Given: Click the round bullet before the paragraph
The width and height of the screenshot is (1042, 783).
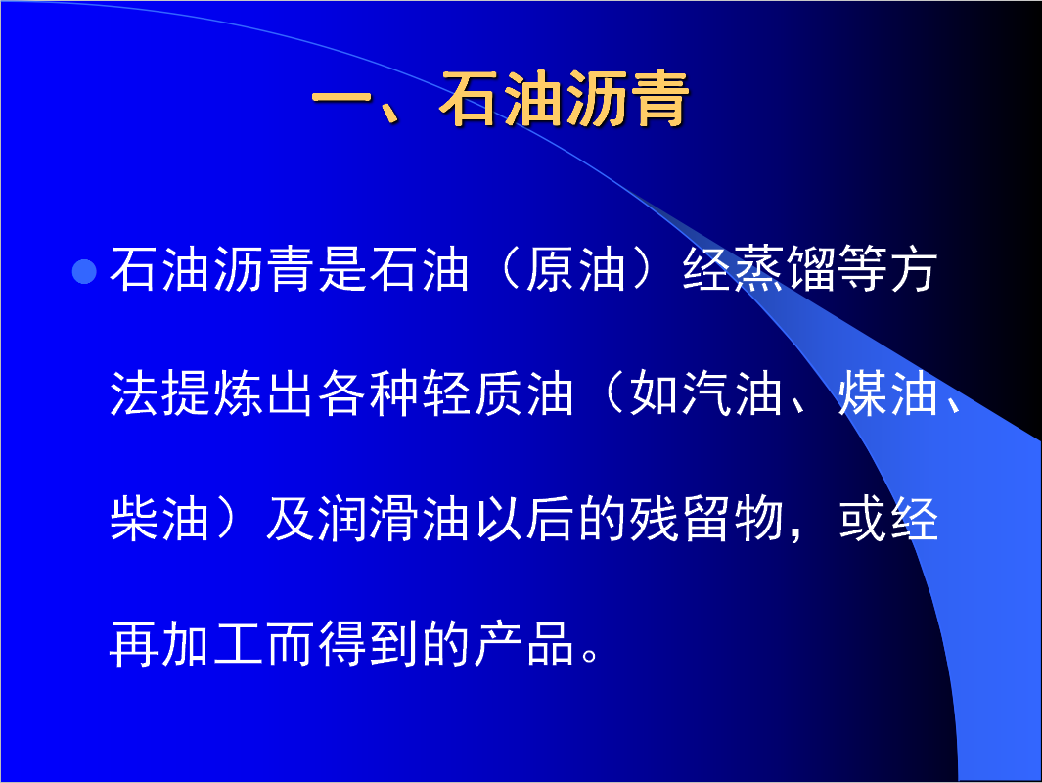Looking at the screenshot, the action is pyautogui.click(x=84, y=271).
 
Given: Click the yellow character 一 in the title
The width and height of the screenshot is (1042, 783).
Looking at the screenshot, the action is pyautogui.click(x=340, y=99).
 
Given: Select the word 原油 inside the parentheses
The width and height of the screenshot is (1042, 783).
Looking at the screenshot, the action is pyautogui.click(x=575, y=269).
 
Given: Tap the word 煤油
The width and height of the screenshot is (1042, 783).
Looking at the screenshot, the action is pyautogui.click(x=887, y=393).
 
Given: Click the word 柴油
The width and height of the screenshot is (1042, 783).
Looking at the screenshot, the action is pyautogui.click(x=159, y=519).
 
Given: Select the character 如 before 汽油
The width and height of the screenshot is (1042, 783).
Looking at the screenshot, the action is pyautogui.click(x=654, y=393).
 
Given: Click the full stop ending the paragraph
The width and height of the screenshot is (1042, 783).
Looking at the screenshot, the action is pyautogui.click(x=589, y=655).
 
